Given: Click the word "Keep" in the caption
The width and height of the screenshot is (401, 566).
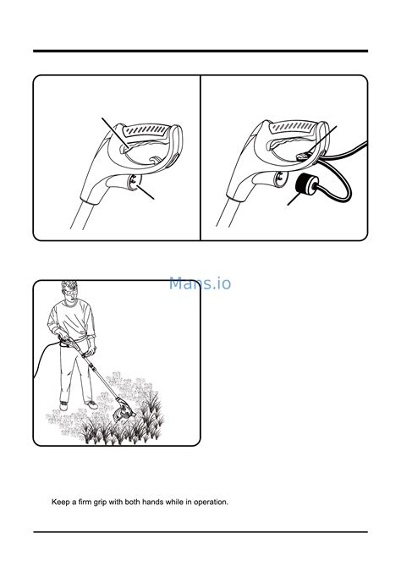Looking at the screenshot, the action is [59, 502].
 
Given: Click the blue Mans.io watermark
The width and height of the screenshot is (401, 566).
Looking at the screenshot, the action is [200, 283].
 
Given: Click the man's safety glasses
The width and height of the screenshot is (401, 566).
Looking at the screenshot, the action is [70, 292].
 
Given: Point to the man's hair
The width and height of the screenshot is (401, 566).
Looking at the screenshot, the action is [69, 285].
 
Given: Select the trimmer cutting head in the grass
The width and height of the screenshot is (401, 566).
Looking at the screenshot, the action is [123, 411].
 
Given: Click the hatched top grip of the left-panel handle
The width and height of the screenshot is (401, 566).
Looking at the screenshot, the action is [146, 130].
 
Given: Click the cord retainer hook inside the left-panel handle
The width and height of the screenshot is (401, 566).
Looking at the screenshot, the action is [156, 159].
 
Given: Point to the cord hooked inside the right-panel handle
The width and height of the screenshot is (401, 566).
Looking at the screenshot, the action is [303, 156].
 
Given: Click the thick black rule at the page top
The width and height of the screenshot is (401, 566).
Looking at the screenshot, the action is [200, 52].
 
